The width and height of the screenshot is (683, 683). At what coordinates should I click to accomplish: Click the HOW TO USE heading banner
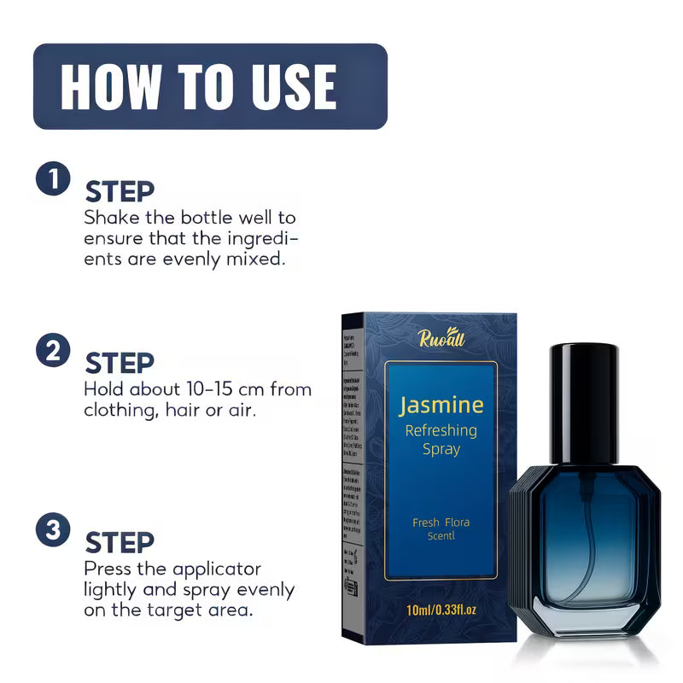(210, 86)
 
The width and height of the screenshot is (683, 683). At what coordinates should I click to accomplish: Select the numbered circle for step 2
(53, 352)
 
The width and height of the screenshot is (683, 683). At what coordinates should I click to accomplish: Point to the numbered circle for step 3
(53, 530)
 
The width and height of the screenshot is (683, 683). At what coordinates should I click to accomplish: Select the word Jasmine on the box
(441, 404)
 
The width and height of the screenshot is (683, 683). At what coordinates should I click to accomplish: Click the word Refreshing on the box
(441, 431)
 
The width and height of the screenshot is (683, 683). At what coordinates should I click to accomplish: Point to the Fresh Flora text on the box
(441, 522)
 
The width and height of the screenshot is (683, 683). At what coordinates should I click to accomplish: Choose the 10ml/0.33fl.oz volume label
(441, 610)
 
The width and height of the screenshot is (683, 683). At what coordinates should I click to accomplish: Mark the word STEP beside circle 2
(120, 364)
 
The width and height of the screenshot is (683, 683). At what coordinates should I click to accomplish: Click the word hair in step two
(170, 410)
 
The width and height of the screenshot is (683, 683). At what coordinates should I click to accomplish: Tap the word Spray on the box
(441, 449)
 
